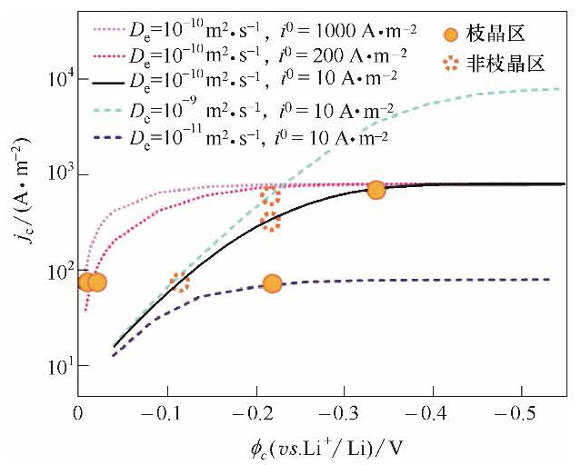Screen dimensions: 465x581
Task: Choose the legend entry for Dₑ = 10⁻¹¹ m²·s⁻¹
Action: (241, 139)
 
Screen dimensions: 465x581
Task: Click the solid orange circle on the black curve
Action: (376, 190)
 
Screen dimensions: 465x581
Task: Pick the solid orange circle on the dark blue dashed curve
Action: (272, 283)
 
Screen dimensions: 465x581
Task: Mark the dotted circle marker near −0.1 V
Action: (179, 282)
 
